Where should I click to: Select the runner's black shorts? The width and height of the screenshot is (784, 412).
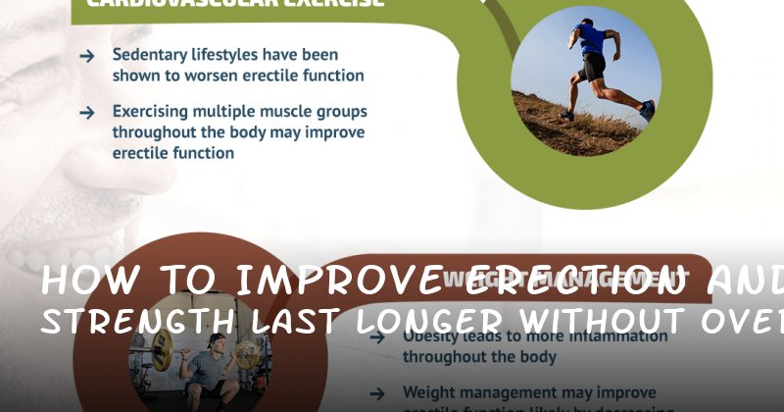coord(592,67)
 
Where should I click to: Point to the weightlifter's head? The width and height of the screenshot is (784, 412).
coord(218,341)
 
